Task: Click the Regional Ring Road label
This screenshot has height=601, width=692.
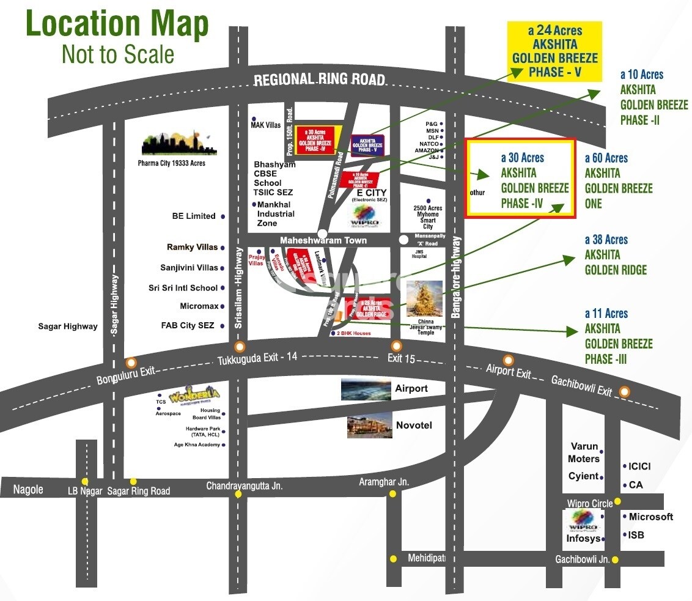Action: [319, 79]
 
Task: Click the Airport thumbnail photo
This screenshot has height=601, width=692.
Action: [366, 389]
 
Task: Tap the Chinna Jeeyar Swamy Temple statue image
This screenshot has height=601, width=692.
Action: [424, 299]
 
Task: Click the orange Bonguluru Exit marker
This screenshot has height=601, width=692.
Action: [130, 363]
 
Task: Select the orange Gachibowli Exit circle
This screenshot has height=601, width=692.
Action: [624, 391]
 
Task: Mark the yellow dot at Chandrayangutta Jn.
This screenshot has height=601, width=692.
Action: [238, 495]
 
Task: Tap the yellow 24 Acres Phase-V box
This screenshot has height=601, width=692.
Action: [555, 51]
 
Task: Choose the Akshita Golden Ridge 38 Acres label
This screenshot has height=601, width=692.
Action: [615, 255]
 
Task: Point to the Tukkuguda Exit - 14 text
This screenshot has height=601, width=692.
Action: [257, 359]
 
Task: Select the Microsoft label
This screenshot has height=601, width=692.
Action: [650, 517]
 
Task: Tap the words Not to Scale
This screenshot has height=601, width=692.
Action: [118, 54]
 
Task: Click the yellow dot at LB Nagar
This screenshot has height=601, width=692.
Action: [85, 482]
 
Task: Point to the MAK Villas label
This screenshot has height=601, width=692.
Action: [265, 125]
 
